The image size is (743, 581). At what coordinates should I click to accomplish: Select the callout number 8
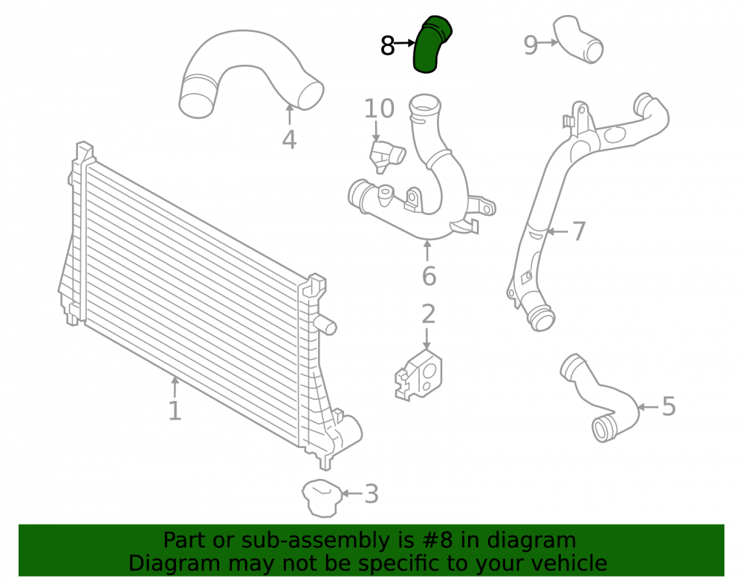click(388, 46)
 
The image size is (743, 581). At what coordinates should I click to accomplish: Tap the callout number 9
click(531, 45)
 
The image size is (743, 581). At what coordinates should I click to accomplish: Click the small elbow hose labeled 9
click(578, 40)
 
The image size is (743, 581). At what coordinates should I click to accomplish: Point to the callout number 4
click(289, 139)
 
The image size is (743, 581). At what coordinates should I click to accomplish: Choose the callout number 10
click(379, 109)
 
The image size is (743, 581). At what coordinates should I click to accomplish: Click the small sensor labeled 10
click(386, 156)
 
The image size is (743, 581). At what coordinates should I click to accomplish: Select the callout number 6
click(429, 276)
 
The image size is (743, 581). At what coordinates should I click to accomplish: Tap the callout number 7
click(579, 231)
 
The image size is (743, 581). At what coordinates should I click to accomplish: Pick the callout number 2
click(428, 314)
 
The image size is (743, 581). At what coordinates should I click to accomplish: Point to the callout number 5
click(669, 406)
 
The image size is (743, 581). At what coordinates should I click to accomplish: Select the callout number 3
click(371, 494)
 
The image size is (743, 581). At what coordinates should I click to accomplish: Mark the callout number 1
click(175, 411)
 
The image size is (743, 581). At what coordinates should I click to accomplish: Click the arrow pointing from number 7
click(557, 231)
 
